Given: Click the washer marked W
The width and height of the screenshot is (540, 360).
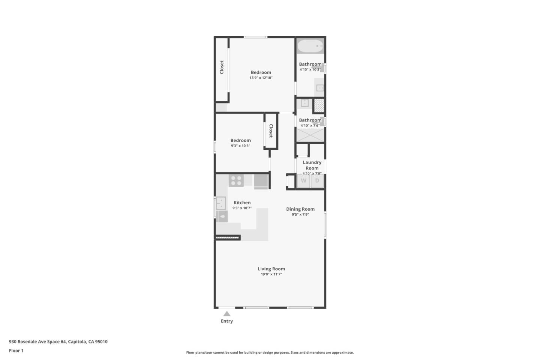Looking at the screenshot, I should (x=303, y=181).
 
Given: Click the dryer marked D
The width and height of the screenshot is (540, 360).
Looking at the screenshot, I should (x=317, y=181).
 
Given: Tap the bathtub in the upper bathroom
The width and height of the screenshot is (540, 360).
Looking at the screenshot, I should (x=310, y=46).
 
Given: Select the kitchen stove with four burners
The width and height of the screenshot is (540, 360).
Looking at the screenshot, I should (x=236, y=180).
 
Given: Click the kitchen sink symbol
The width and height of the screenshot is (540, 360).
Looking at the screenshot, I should (x=221, y=203).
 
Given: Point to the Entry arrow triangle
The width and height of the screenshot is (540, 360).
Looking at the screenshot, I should (x=227, y=314).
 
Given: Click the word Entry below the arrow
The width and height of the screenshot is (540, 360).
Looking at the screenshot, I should (x=227, y=321).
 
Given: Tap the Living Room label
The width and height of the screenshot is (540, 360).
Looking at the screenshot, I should (x=271, y=269).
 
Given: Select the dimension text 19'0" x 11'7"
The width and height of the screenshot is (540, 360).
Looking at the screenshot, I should (x=271, y=274).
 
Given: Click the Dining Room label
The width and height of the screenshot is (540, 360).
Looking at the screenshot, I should (x=300, y=209).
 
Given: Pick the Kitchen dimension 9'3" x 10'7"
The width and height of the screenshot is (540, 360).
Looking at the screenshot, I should (x=242, y=208).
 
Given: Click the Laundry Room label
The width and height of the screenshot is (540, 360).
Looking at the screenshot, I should (x=312, y=165).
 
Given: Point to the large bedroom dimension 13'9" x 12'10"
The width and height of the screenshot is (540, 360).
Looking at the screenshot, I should (x=261, y=78).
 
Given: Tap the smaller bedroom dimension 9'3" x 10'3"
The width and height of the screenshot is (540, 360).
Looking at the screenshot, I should (x=240, y=146).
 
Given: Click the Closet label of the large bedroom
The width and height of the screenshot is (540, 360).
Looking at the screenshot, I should (x=222, y=67).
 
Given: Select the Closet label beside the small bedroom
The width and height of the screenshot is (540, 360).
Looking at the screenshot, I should (x=271, y=131).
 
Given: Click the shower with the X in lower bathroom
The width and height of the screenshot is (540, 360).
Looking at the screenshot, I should (x=310, y=135).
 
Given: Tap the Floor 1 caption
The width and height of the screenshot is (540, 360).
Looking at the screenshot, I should (x=16, y=351).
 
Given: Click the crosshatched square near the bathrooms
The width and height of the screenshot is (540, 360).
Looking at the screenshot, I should (x=319, y=105).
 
